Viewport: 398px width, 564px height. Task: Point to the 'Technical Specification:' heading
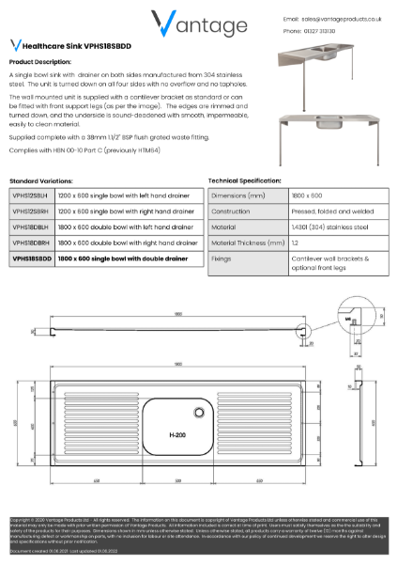(x=248, y=180)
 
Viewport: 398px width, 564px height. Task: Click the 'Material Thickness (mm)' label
(x=247, y=243)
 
